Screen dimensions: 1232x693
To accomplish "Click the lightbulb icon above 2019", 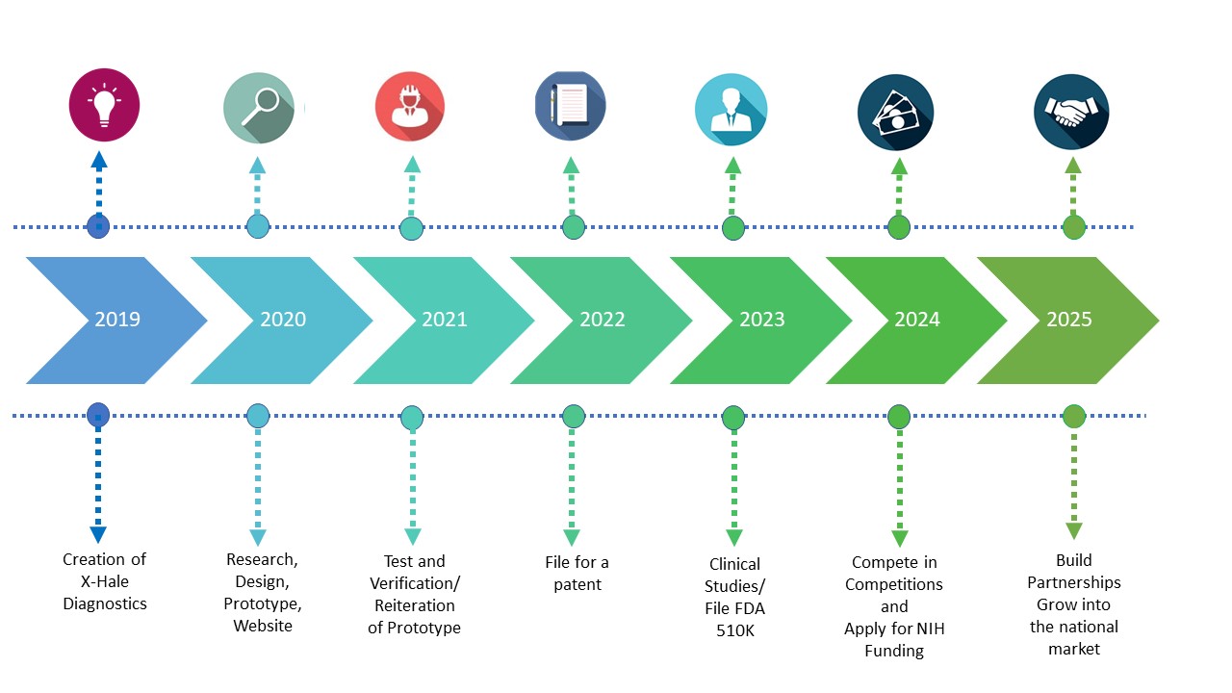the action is pyautogui.click(x=104, y=105).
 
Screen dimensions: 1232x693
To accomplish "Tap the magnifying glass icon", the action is pyautogui.click(x=259, y=108).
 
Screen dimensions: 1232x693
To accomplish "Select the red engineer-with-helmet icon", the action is pyautogui.click(x=410, y=106).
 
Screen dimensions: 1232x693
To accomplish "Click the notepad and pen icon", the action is pyautogui.click(x=571, y=106).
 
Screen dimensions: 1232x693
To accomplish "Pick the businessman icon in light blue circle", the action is pyautogui.click(x=731, y=110).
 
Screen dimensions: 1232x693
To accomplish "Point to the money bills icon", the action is pyautogui.click(x=895, y=113).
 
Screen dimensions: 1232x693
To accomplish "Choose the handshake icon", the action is pyautogui.click(x=1071, y=112).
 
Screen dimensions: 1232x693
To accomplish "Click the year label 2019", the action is pyautogui.click(x=117, y=320).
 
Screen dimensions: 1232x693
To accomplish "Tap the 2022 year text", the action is pyautogui.click(x=603, y=320).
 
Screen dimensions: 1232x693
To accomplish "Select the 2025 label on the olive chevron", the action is pyautogui.click(x=1069, y=320).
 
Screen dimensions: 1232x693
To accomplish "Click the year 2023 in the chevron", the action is pyautogui.click(x=761, y=320).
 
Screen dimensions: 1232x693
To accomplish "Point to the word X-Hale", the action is pyautogui.click(x=105, y=581).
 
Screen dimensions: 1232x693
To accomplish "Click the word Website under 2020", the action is pyautogui.click(x=263, y=626).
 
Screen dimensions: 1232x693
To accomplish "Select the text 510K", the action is pyautogui.click(x=734, y=630).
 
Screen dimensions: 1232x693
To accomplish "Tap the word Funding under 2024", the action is pyautogui.click(x=894, y=652).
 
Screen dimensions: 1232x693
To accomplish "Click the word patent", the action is pyautogui.click(x=577, y=584).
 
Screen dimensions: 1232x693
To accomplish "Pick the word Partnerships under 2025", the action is pyautogui.click(x=1073, y=582).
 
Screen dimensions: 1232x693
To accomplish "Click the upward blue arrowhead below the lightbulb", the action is pyautogui.click(x=99, y=160).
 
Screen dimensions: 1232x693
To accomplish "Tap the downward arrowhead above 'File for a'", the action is pyautogui.click(x=572, y=537).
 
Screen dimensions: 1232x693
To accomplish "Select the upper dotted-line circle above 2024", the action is pyautogui.click(x=899, y=227).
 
